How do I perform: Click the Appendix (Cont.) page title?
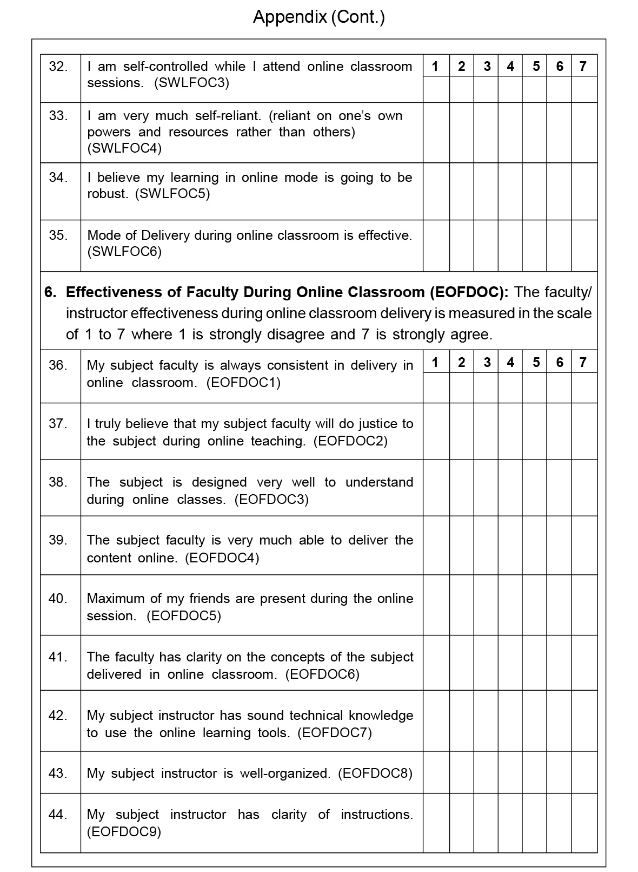click(318, 17)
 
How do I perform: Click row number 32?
click(58, 67)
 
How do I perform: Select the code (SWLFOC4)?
click(124, 148)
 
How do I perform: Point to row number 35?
click(58, 235)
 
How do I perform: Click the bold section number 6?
click(50, 292)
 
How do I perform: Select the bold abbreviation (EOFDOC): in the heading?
click(469, 292)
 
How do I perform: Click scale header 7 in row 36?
click(583, 362)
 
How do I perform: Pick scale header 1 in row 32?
click(435, 66)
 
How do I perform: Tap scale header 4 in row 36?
click(510, 362)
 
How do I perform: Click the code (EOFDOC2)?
click(351, 441)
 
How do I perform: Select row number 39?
click(58, 540)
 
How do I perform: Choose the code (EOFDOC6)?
click(322, 674)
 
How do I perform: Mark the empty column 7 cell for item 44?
click(584, 823)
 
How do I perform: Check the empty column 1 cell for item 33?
click(436, 132)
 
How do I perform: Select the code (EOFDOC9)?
click(124, 832)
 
